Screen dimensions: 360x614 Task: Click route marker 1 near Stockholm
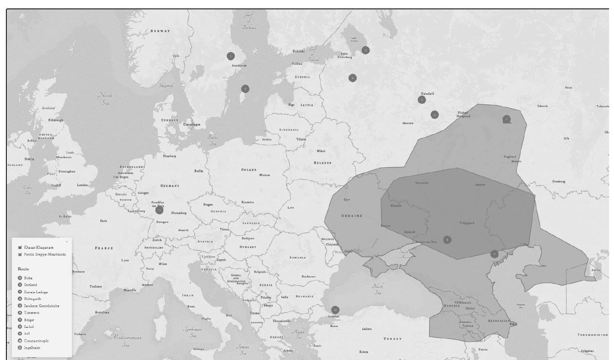tap(230, 56)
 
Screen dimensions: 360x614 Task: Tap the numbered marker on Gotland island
tap(245, 89)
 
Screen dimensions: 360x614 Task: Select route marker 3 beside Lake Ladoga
tap(365, 50)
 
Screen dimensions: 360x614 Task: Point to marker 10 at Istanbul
tap(335, 310)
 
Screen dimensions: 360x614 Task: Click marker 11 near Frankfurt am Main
tap(159, 210)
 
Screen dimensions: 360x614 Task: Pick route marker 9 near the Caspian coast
tap(494, 254)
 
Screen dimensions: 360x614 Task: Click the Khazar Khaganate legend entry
tap(38, 247)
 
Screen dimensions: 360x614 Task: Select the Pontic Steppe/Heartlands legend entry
tap(44, 255)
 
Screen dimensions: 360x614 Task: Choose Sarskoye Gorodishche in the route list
tap(41, 306)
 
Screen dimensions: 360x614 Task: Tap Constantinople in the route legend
tap(36, 341)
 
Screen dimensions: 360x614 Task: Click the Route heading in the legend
tap(23, 269)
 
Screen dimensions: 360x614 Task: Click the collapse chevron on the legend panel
tap(67, 242)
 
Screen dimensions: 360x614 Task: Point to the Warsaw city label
tap(264, 175)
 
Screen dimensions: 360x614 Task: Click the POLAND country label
tap(249, 170)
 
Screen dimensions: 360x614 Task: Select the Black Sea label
tap(378, 289)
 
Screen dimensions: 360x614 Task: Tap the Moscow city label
tap(408, 123)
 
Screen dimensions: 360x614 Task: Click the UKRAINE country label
tap(352, 216)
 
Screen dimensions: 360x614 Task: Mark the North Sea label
tap(105, 99)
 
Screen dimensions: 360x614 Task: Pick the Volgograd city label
tap(467, 223)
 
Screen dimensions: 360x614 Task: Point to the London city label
tap(82, 185)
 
